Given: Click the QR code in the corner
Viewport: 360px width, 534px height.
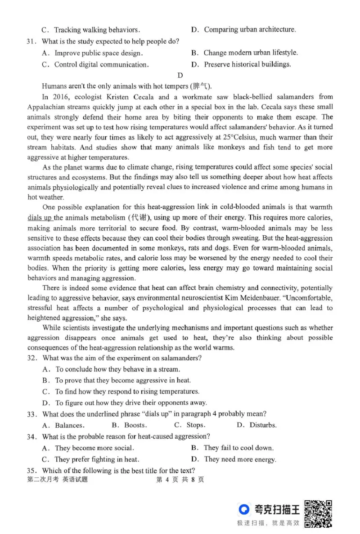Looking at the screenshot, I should tap(318, 513).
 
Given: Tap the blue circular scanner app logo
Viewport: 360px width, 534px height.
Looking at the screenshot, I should tap(244, 509).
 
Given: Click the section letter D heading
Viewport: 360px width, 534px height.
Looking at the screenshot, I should tap(180, 75).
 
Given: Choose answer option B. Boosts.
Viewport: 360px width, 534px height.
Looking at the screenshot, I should tap(129, 425).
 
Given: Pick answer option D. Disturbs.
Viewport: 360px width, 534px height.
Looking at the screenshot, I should tap(256, 425).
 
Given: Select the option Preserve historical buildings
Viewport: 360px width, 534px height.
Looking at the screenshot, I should tap(247, 64).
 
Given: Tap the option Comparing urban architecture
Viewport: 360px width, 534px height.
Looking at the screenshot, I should tap(250, 30).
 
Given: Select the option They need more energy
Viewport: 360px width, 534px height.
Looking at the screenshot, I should tap(239, 459).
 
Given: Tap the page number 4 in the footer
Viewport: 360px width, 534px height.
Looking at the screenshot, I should tap(167, 480).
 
